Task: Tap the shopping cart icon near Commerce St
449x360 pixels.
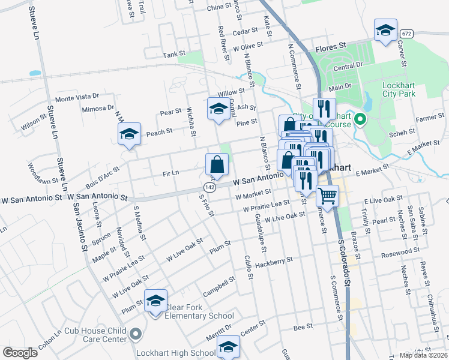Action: coord(327,195)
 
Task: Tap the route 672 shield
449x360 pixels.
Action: coord(408,34)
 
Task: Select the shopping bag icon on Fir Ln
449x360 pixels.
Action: coord(217,163)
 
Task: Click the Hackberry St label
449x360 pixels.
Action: coord(274,262)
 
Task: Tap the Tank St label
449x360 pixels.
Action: coord(172,55)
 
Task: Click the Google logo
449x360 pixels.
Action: coord(20,353)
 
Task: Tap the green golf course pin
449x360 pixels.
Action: coord(360,119)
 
